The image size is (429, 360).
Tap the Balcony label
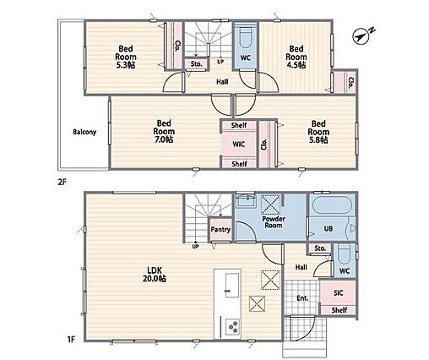(84, 132)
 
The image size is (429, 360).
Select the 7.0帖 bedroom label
(164, 131)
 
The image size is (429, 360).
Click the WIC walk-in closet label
(239, 145)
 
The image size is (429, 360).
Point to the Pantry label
(220, 230)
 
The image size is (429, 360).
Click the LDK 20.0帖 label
(155, 275)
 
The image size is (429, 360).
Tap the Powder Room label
(273, 222)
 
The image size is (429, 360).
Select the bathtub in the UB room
(332, 205)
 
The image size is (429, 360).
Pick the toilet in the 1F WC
(345, 254)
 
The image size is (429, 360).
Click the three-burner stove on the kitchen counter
(233, 326)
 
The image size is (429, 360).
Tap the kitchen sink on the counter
(232, 285)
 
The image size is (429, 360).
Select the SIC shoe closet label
(338, 293)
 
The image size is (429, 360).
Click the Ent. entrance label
(302, 298)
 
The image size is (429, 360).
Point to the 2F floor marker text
(62, 182)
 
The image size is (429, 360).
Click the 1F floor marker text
(71, 339)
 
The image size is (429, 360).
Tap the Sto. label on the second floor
(196, 64)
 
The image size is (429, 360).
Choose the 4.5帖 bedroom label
(296, 57)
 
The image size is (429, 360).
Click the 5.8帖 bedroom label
(318, 132)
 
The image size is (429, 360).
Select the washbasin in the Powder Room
(246, 201)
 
